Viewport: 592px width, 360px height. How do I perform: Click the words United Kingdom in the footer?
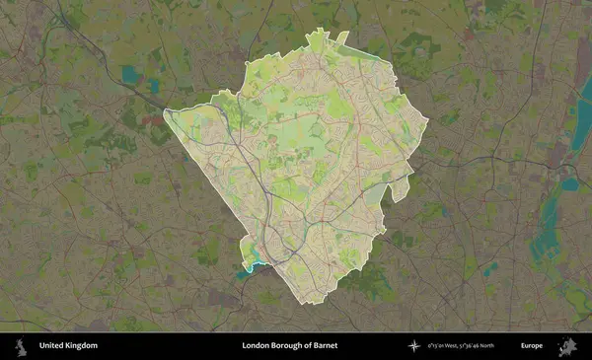point(68,346)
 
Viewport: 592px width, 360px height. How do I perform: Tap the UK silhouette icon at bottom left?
point(20,346)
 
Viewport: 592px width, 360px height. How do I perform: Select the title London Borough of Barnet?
point(294,346)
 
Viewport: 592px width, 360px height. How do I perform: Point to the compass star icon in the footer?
point(414,346)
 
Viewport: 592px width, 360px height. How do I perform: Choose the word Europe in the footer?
point(532,346)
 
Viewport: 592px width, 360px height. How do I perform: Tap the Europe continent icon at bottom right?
point(566,346)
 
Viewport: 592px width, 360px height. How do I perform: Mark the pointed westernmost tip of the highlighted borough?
point(165,111)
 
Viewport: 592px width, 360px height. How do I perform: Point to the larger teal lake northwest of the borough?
point(130,74)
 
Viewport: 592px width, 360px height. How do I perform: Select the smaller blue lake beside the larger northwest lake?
point(154,86)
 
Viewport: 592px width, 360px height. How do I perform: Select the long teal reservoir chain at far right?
point(549,222)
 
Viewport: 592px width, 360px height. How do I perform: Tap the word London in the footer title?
point(257,346)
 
